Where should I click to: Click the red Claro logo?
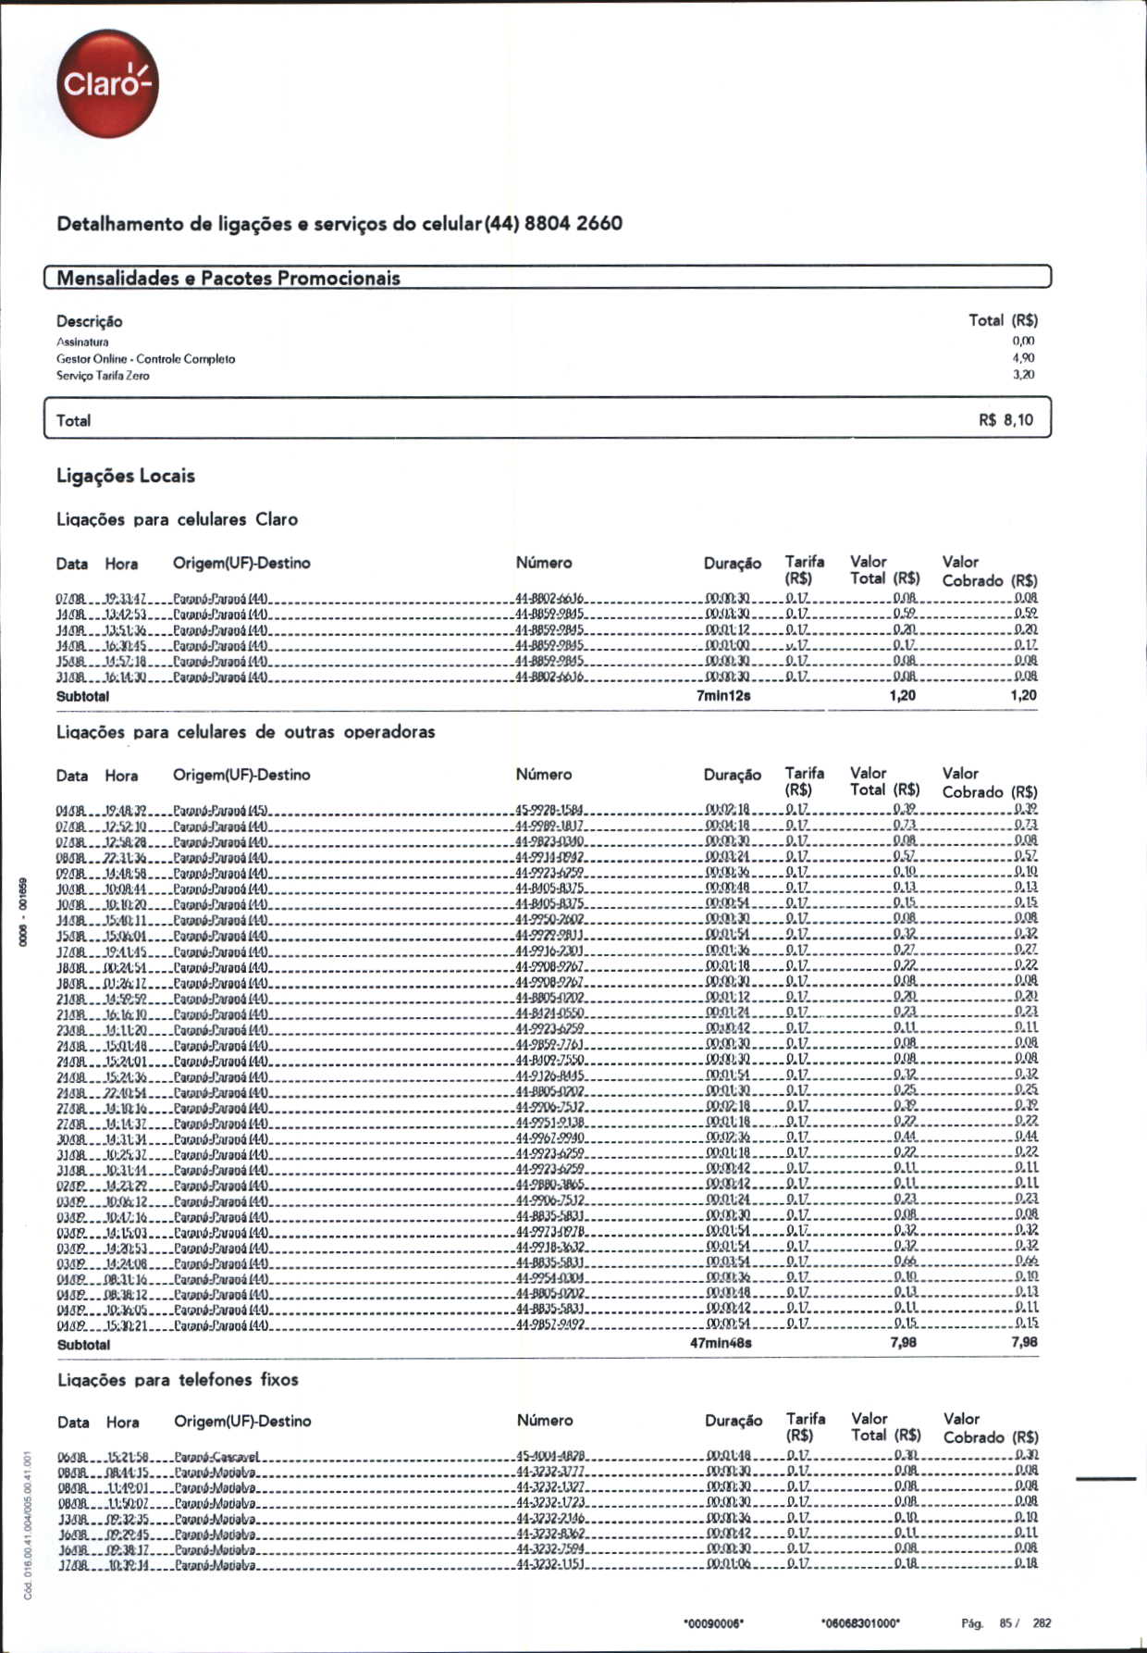(x=106, y=83)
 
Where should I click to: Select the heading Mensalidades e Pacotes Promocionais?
(x=228, y=278)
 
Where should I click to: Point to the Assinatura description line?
(x=82, y=342)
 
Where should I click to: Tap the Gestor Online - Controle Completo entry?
(x=145, y=358)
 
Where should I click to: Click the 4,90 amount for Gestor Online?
(x=1023, y=357)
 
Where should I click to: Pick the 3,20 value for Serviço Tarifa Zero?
(x=1023, y=375)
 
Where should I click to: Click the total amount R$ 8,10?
(x=1005, y=420)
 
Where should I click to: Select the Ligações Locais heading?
(x=126, y=476)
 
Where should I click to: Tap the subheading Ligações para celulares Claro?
(x=177, y=519)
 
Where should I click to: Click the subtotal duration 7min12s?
(x=722, y=696)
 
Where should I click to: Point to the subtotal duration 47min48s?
(x=721, y=1343)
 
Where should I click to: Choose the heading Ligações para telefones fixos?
(x=178, y=1380)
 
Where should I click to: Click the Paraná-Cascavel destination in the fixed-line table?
(x=216, y=1456)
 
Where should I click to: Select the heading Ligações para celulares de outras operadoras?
(x=245, y=731)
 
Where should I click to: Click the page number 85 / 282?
(x=1024, y=1622)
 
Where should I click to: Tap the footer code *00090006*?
(x=713, y=1623)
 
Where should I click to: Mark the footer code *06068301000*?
(x=860, y=1623)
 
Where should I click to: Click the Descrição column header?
(x=89, y=321)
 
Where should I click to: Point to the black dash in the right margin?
(x=1106, y=1479)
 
